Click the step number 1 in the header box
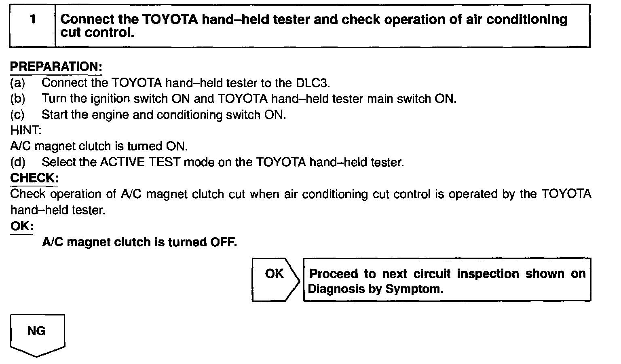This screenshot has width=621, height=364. tap(33, 19)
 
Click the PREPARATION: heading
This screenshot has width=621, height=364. tap(56, 67)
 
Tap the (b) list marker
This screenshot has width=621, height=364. tap(17, 99)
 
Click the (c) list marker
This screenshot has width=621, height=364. tap(17, 115)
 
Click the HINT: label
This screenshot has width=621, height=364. tap(25, 130)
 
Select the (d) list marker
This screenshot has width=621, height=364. tap(17, 163)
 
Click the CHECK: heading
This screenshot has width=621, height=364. tap(34, 178)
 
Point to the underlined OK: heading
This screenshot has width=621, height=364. tap(21, 226)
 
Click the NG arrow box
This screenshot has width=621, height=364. tap(37, 334)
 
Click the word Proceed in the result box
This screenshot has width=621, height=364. tap(333, 274)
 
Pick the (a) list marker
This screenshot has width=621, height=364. tap(17, 83)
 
